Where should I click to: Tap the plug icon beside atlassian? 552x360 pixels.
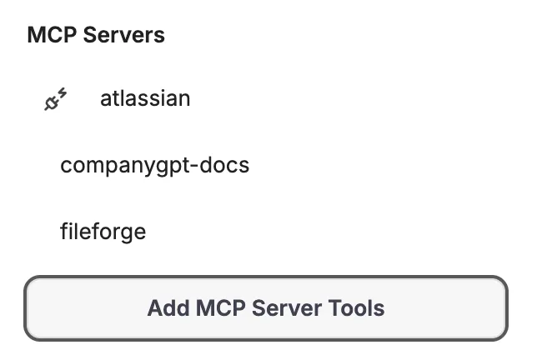pos(55,100)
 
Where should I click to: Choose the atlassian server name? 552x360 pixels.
pos(145,98)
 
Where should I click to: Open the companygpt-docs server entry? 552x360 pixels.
pos(154,165)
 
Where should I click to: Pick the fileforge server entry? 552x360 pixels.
pos(103,231)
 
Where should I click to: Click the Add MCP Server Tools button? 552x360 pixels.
pos(265,308)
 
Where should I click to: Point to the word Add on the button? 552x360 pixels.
pos(166,308)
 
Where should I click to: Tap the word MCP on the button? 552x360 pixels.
pos(218,308)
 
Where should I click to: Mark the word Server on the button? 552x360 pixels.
pos(288,308)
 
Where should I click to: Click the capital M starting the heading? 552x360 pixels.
pos(36,35)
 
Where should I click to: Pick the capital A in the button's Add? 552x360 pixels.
pos(155,308)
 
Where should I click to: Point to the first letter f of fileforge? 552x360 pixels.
pos(64,231)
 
